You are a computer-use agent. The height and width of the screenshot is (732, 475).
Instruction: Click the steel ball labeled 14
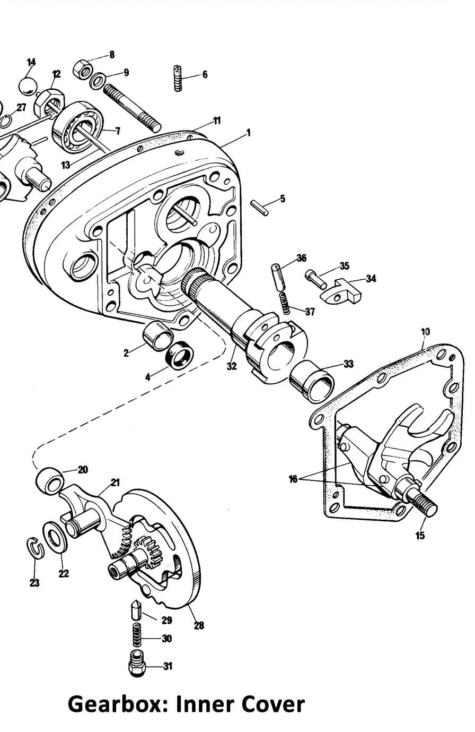(29, 86)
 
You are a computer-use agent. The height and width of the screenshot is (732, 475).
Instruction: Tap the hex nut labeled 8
(83, 68)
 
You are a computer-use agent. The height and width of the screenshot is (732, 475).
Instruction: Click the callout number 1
(249, 133)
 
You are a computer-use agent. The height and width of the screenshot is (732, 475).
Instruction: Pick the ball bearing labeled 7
(78, 126)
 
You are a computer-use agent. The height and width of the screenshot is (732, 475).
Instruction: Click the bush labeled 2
(158, 336)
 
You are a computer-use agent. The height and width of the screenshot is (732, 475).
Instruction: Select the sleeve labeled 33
(312, 381)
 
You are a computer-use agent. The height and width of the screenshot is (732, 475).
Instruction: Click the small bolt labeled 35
(316, 279)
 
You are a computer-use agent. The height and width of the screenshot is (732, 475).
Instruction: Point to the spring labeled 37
(286, 303)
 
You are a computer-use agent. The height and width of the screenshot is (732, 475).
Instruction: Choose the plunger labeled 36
(276, 277)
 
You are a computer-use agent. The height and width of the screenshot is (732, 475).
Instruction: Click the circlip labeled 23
(35, 548)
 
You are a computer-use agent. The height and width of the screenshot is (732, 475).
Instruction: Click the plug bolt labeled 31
(137, 664)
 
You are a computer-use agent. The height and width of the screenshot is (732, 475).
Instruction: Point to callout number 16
(293, 479)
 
